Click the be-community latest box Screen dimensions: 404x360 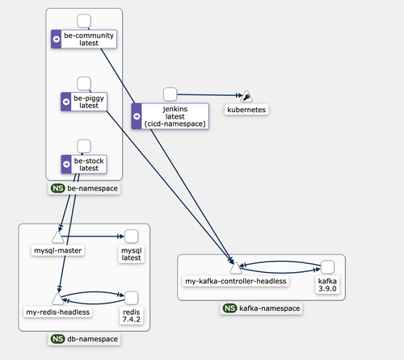click(x=84, y=39)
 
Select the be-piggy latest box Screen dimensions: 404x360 click(x=84, y=102)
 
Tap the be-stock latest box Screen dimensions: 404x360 click(x=84, y=165)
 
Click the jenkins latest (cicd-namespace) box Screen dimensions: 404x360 click(x=170, y=116)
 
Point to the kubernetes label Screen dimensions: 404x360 click(x=246, y=110)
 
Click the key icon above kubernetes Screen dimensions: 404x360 click(x=246, y=97)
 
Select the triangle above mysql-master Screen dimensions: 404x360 click(x=57, y=237)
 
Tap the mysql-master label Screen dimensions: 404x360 click(x=57, y=250)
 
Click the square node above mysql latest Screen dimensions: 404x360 click(x=131, y=237)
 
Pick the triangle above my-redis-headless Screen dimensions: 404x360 click(x=57, y=299)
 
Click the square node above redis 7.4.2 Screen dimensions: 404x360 click(x=131, y=298)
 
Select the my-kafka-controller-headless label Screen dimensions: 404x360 click(x=236, y=281)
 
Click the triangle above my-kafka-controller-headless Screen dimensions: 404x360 click(x=236, y=268)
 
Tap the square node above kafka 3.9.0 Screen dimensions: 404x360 click(x=327, y=267)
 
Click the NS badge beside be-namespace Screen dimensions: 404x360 click(x=58, y=188)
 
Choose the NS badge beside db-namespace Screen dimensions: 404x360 click(x=58, y=339)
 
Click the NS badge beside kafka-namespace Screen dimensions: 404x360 click(x=229, y=308)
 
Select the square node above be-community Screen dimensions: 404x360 click(x=84, y=21)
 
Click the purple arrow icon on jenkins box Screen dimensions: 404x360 click(x=137, y=116)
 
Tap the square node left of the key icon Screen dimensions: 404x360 click(x=170, y=94)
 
